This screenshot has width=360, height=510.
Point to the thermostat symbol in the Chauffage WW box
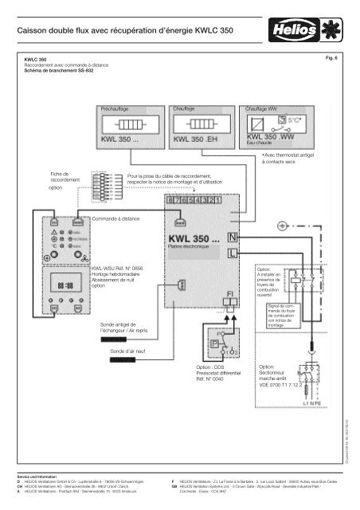pyautogui.click(x=275, y=126)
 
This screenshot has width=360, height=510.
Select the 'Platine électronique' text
pyautogui.click(x=188, y=248)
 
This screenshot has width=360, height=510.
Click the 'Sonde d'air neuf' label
pyautogui.click(x=131, y=351)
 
